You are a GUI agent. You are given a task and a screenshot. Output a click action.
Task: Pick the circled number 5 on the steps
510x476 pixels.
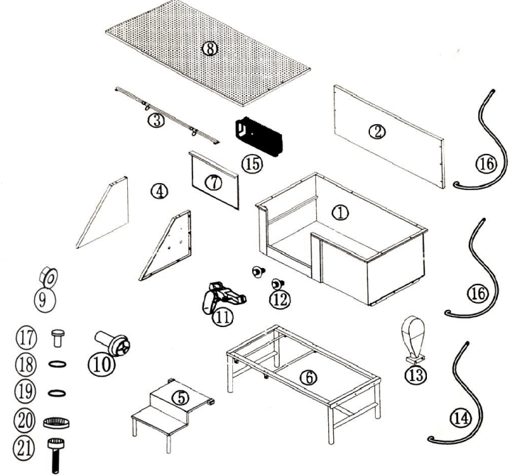(x=182, y=398)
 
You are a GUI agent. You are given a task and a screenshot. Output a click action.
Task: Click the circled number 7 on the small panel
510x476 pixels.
(x=214, y=182)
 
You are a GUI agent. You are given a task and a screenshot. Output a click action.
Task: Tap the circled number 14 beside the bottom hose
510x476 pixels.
(x=461, y=419)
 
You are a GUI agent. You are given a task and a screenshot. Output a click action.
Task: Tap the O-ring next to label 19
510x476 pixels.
(x=56, y=392)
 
